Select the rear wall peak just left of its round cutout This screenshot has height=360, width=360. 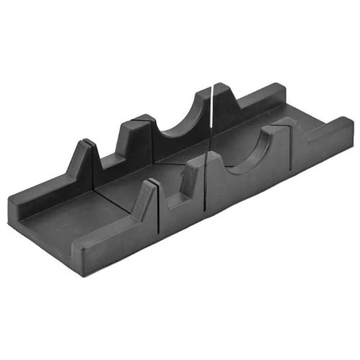pos(135,135)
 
